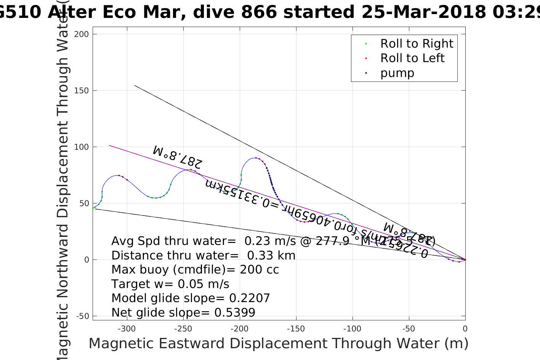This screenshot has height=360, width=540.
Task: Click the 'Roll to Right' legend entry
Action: tap(417, 44)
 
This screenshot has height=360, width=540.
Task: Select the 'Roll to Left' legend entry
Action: tap(412, 58)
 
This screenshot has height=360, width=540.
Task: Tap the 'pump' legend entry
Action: tap(397, 73)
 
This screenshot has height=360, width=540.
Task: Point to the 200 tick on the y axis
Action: tap(82, 34)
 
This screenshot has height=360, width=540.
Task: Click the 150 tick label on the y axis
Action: tap(82, 91)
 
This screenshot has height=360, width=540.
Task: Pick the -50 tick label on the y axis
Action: tap(82, 316)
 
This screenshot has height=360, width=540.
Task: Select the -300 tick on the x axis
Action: tap(127, 329)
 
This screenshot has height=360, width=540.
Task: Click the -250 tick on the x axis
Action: tap(183, 329)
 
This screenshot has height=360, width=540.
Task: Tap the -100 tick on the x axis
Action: tap(352, 329)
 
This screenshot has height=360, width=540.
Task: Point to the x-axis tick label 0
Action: tap(465, 329)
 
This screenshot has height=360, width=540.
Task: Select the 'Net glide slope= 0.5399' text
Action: tap(183, 313)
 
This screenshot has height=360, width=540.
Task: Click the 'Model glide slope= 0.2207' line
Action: tap(191, 298)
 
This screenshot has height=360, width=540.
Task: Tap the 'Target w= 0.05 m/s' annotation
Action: tap(170, 284)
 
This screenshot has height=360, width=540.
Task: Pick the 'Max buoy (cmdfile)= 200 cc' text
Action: tap(195, 270)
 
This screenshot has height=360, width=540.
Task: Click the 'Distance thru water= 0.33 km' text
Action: tap(204, 255)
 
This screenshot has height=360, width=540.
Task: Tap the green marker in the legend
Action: tap(366, 44)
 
